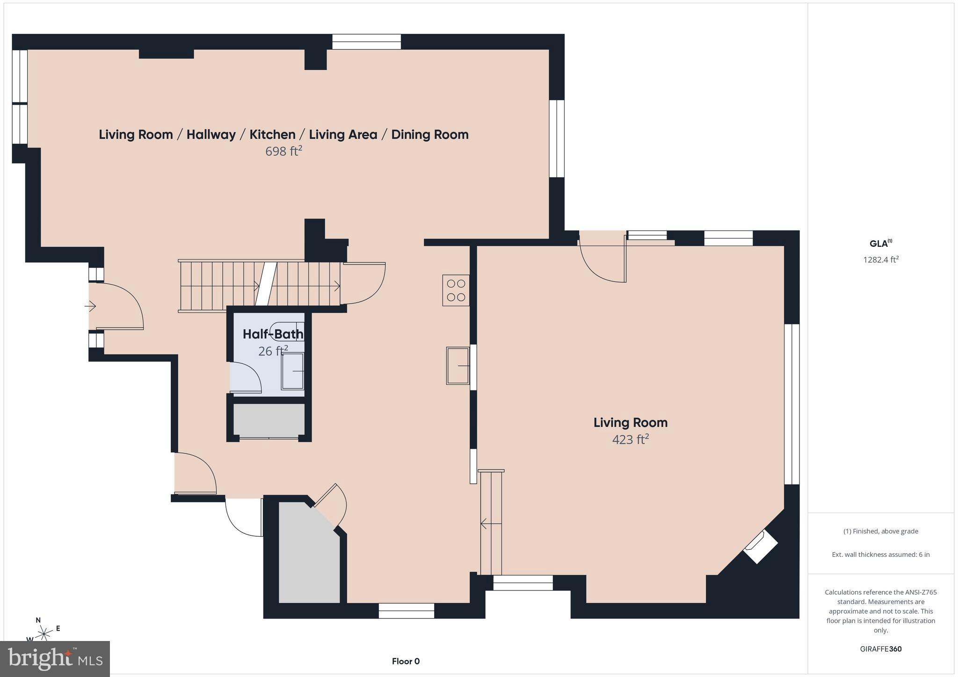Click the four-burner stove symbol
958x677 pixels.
coord(456,290)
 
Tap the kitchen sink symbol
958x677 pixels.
coord(458,366)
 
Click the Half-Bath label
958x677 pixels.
coord(273,334)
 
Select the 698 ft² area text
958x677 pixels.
coord(283,151)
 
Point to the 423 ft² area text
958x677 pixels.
coord(630,439)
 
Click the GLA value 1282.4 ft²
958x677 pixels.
coord(881,259)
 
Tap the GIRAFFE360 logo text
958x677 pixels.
coord(880,649)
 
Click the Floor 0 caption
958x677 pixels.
coord(406,661)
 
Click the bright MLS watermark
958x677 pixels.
coord(55,659)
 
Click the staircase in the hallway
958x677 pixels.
coord(260,285)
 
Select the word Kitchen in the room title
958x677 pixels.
coord(272,135)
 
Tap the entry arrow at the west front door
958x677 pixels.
coord(90,306)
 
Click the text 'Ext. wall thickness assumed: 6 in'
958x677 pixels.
coord(880,555)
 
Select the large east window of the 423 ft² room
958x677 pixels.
coord(791,404)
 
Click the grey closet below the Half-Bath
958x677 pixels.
coord(269,419)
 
